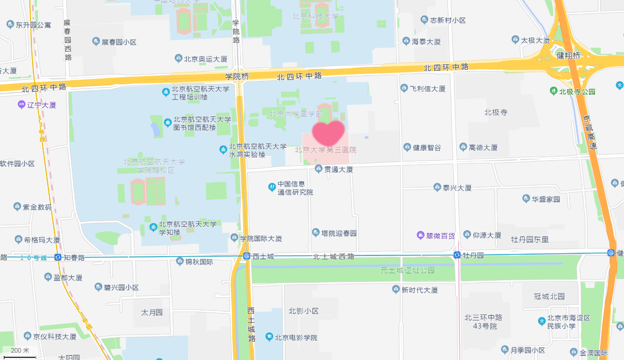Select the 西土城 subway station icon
[x=247, y=256]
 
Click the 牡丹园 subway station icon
[x=457, y=255]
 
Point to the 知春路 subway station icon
[x=58, y=257]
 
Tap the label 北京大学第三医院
[x=325, y=150]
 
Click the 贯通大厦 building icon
[x=319, y=168]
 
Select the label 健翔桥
[x=568, y=55]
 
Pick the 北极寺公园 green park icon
[x=554, y=91]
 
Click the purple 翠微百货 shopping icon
[x=421, y=235]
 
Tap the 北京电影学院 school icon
[x=269, y=337]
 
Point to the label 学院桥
[x=237, y=76]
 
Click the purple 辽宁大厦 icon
[x=21, y=105]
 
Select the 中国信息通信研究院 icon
[x=272, y=187]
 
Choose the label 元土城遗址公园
[x=407, y=270]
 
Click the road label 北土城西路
[x=333, y=256]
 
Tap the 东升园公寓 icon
[x=10, y=25]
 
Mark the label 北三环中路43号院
[x=483, y=322]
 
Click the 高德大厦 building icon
[x=463, y=147]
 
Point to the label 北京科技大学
[x=315, y=16]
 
